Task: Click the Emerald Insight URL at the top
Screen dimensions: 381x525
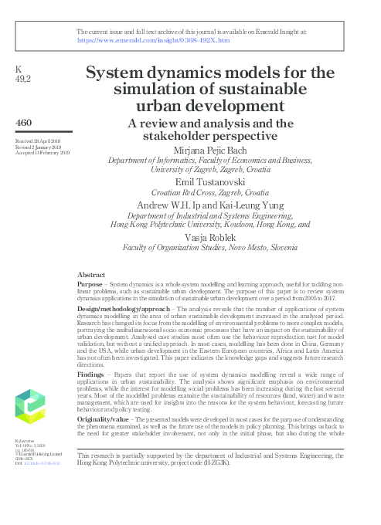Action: [x=153, y=39]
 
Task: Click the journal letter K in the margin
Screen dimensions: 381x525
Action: [x=19, y=69]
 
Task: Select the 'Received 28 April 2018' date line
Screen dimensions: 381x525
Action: [x=40, y=142]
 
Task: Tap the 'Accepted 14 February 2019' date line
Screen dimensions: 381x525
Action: [x=43, y=153]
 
